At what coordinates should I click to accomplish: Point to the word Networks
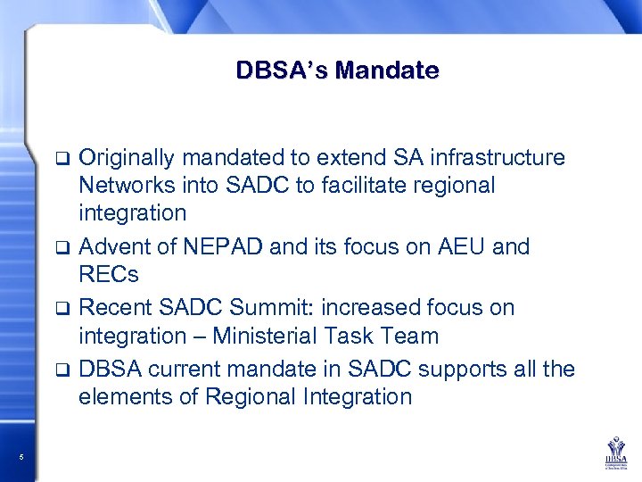122,186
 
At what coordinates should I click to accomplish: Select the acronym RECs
109,274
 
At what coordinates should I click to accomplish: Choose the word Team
411,337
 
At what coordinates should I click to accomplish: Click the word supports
457,369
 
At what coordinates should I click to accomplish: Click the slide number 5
21,458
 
